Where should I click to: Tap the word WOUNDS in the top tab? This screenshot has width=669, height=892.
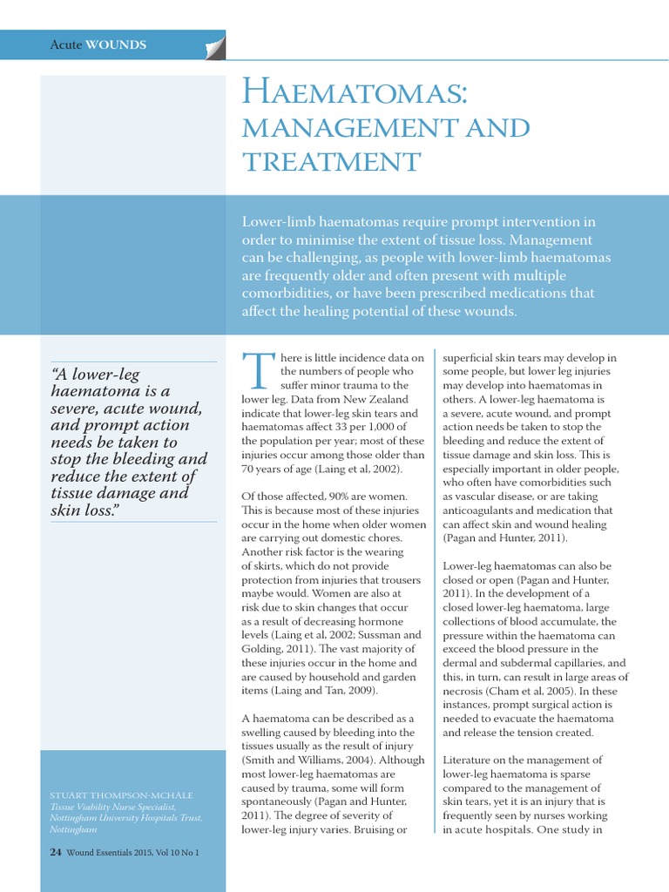tap(116, 44)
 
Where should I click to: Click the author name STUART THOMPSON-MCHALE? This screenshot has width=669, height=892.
tap(121, 795)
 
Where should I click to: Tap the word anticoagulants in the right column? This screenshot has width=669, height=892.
tap(487, 510)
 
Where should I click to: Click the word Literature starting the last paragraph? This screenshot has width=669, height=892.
tap(471, 760)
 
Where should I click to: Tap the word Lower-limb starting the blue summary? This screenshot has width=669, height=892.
tap(282, 221)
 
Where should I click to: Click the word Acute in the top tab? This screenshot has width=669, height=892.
tap(65, 44)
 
